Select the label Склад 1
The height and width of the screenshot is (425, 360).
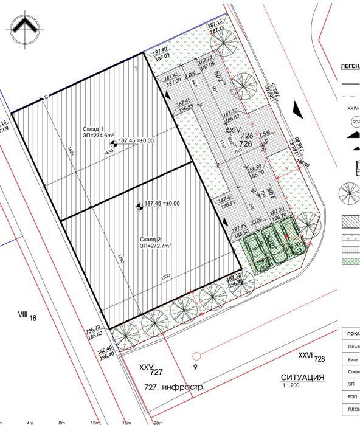[95, 130]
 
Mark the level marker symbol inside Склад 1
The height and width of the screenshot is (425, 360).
[112, 140]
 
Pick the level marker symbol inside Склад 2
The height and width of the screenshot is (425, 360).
[139, 206]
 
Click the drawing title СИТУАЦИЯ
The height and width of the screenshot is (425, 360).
[302, 377]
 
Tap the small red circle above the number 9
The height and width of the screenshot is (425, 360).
[196, 355]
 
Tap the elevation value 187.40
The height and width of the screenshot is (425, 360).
[160, 50]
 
